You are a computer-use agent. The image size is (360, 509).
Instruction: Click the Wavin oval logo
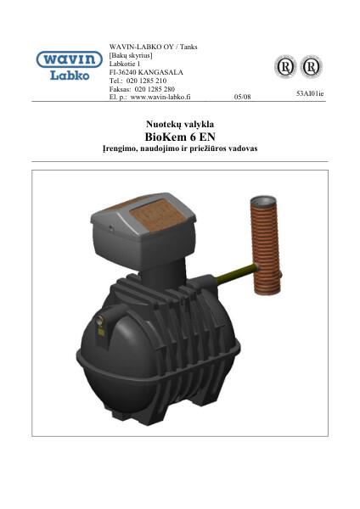point(68,60)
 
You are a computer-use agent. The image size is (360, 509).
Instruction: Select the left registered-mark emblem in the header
point(284,66)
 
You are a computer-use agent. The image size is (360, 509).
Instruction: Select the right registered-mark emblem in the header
point(311,66)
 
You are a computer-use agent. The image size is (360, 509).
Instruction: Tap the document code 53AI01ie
point(310,93)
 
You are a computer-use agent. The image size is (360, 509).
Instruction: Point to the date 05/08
point(242,97)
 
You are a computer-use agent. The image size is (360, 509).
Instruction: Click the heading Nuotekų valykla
point(179,124)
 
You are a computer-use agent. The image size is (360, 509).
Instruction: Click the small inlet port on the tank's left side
point(99,321)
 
